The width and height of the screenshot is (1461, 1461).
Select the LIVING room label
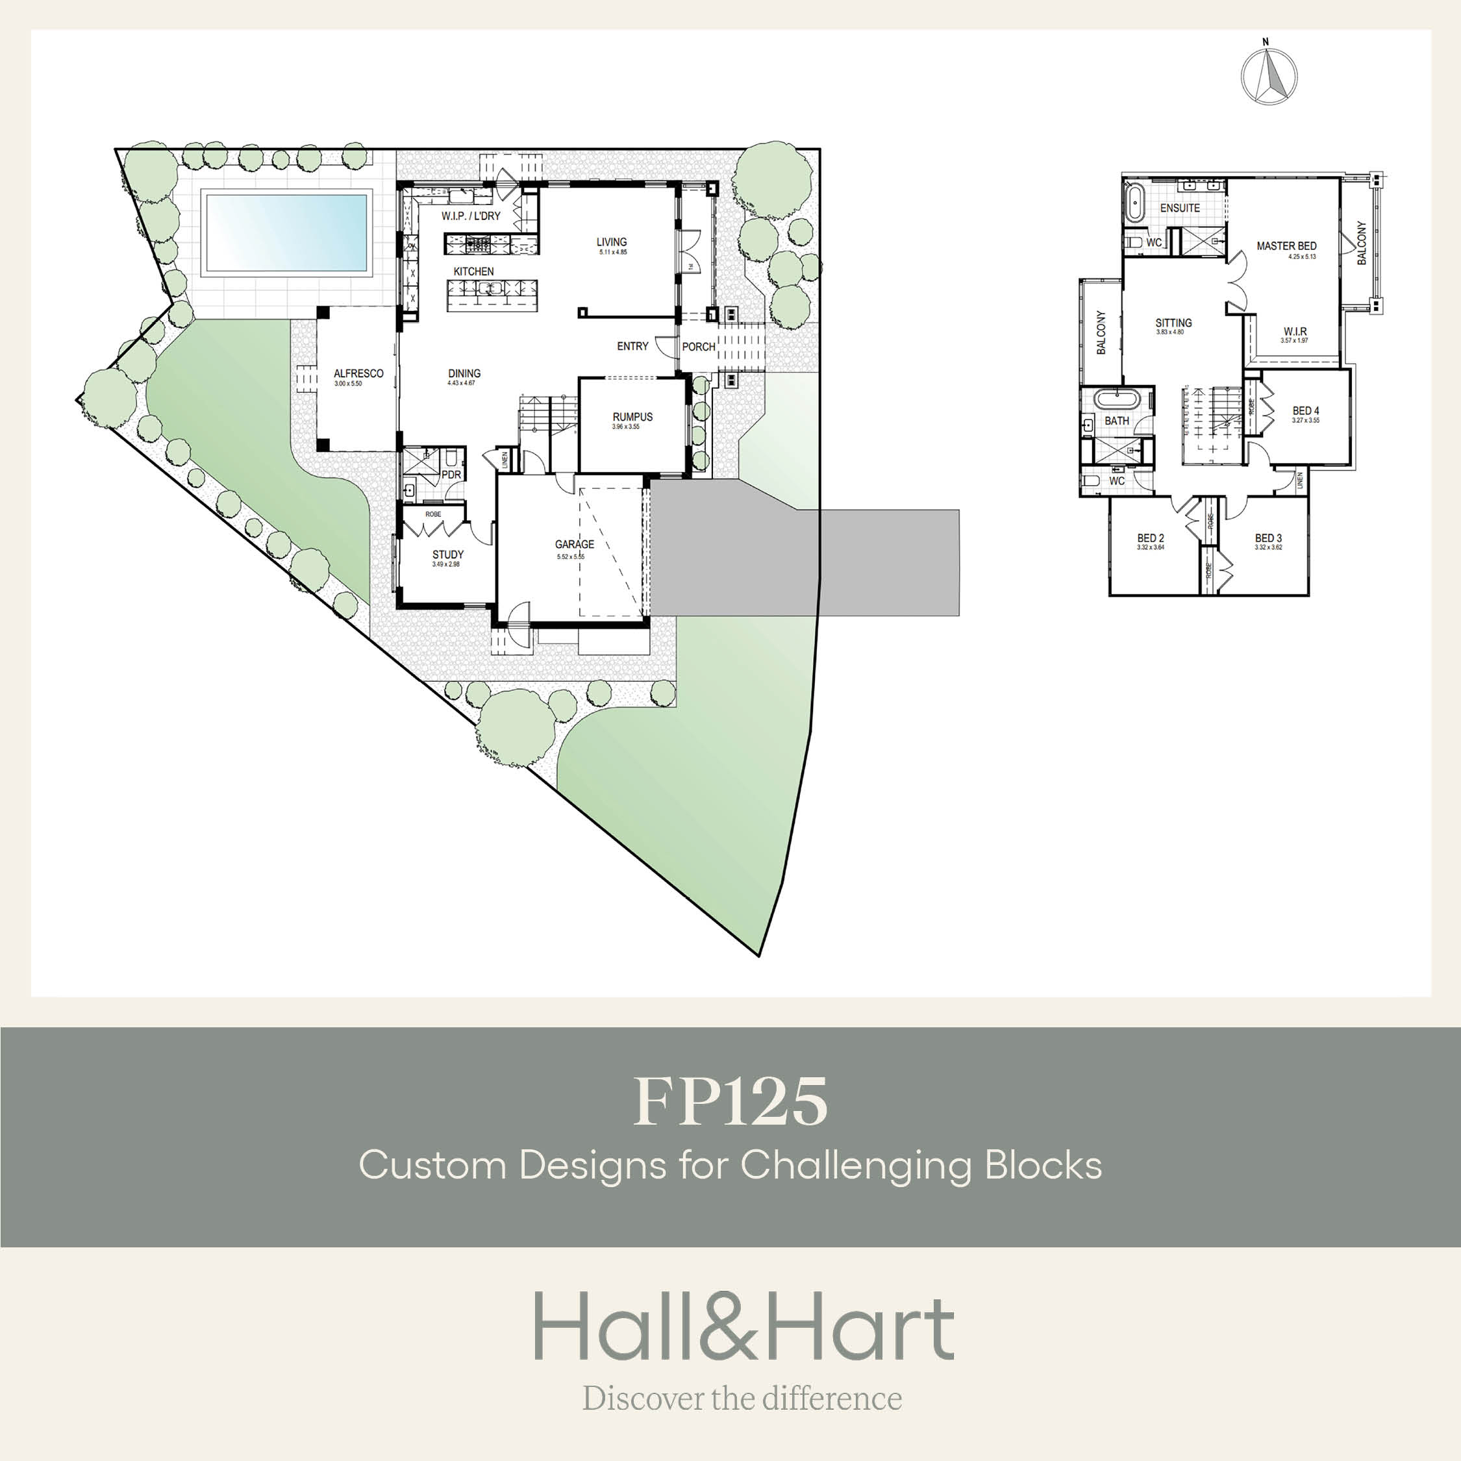pyautogui.click(x=611, y=243)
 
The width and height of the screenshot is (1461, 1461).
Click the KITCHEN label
pyautogui.click(x=473, y=271)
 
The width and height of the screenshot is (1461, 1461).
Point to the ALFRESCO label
pyautogui.click(x=358, y=373)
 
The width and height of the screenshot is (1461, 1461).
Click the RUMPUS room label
pyautogui.click(x=632, y=418)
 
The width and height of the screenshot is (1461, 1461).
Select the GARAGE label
pyautogui.click(x=574, y=545)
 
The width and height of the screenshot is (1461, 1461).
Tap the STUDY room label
pyautogui.click(x=447, y=555)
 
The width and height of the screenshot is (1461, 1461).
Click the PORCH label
pyautogui.click(x=698, y=347)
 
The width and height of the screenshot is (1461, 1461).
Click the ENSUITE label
pyautogui.click(x=1180, y=208)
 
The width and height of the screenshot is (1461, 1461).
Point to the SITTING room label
pyautogui.click(x=1173, y=323)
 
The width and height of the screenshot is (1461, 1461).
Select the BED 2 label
pyautogui.click(x=1150, y=538)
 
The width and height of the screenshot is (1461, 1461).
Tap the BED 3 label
pyautogui.click(x=1268, y=538)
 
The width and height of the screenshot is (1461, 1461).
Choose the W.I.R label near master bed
pyautogui.click(x=1295, y=332)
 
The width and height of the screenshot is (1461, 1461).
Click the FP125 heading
pyautogui.click(x=730, y=1102)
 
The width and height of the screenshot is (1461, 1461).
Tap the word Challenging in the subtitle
pyautogui.click(x=856, y=1166)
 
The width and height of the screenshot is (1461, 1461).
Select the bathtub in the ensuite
pyautogui.click(x=1134, y=203)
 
